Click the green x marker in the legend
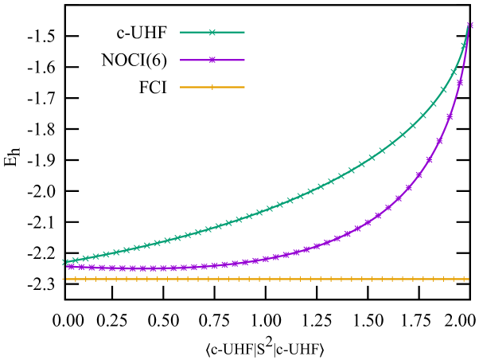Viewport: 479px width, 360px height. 212,33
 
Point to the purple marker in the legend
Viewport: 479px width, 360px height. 212,60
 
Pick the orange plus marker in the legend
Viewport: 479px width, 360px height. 212,87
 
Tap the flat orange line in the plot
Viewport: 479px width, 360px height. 239,279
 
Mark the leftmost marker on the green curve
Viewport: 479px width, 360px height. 64,262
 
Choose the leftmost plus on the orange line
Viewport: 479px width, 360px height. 67,279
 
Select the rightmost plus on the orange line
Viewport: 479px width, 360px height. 465,279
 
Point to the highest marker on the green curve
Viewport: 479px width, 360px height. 464,45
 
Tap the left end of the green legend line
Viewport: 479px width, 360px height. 181,33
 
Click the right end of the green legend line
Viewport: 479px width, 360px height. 243,33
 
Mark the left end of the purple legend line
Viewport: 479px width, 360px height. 181,60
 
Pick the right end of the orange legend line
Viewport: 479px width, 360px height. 243,87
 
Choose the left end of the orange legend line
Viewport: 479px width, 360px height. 181,87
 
